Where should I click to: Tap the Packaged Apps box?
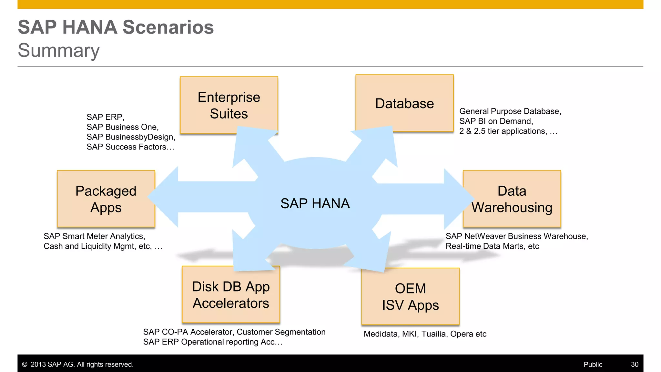[106, 199]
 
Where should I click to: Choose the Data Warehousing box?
[512, 199]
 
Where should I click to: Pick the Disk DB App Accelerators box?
[231, 294]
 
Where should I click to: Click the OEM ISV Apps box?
[410, 296]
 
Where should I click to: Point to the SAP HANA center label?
[315, 203]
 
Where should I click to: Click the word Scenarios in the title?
[168, 27]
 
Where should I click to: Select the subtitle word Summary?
[59, 50]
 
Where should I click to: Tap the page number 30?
[635, 364]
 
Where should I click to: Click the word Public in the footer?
[593, 364]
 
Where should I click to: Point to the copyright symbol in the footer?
[25, 364]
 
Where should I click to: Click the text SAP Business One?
[122, 127]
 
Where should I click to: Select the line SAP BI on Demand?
[496, 121]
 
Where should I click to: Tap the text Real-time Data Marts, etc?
[492, 246]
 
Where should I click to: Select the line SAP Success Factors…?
[130, 147]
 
